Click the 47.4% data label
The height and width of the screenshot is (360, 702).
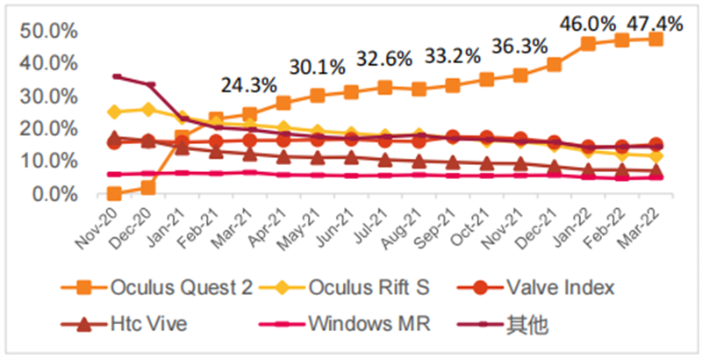pos(656,24)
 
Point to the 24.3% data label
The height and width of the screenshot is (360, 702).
pos(249,86)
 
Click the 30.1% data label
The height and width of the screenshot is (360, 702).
pos(317,66)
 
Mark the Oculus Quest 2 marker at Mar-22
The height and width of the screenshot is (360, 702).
pos(655,40)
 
